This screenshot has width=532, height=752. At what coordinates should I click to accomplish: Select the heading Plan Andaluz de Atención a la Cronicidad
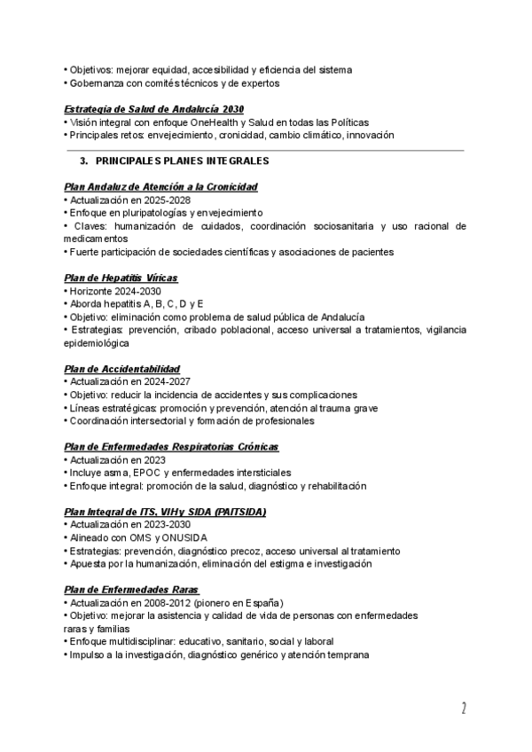(161, 187)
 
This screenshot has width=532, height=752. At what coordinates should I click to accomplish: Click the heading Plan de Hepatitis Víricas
(121, 278)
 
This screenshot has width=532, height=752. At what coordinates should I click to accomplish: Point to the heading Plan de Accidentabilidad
(122, 369)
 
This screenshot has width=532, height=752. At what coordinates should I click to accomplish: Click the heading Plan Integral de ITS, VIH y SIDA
(165, 512)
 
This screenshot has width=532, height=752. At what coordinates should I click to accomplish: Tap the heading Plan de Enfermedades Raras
(132, 590)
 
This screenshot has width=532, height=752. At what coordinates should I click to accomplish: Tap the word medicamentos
(96, 239)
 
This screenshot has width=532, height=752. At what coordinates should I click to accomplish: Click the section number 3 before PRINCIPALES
(83, 162)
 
